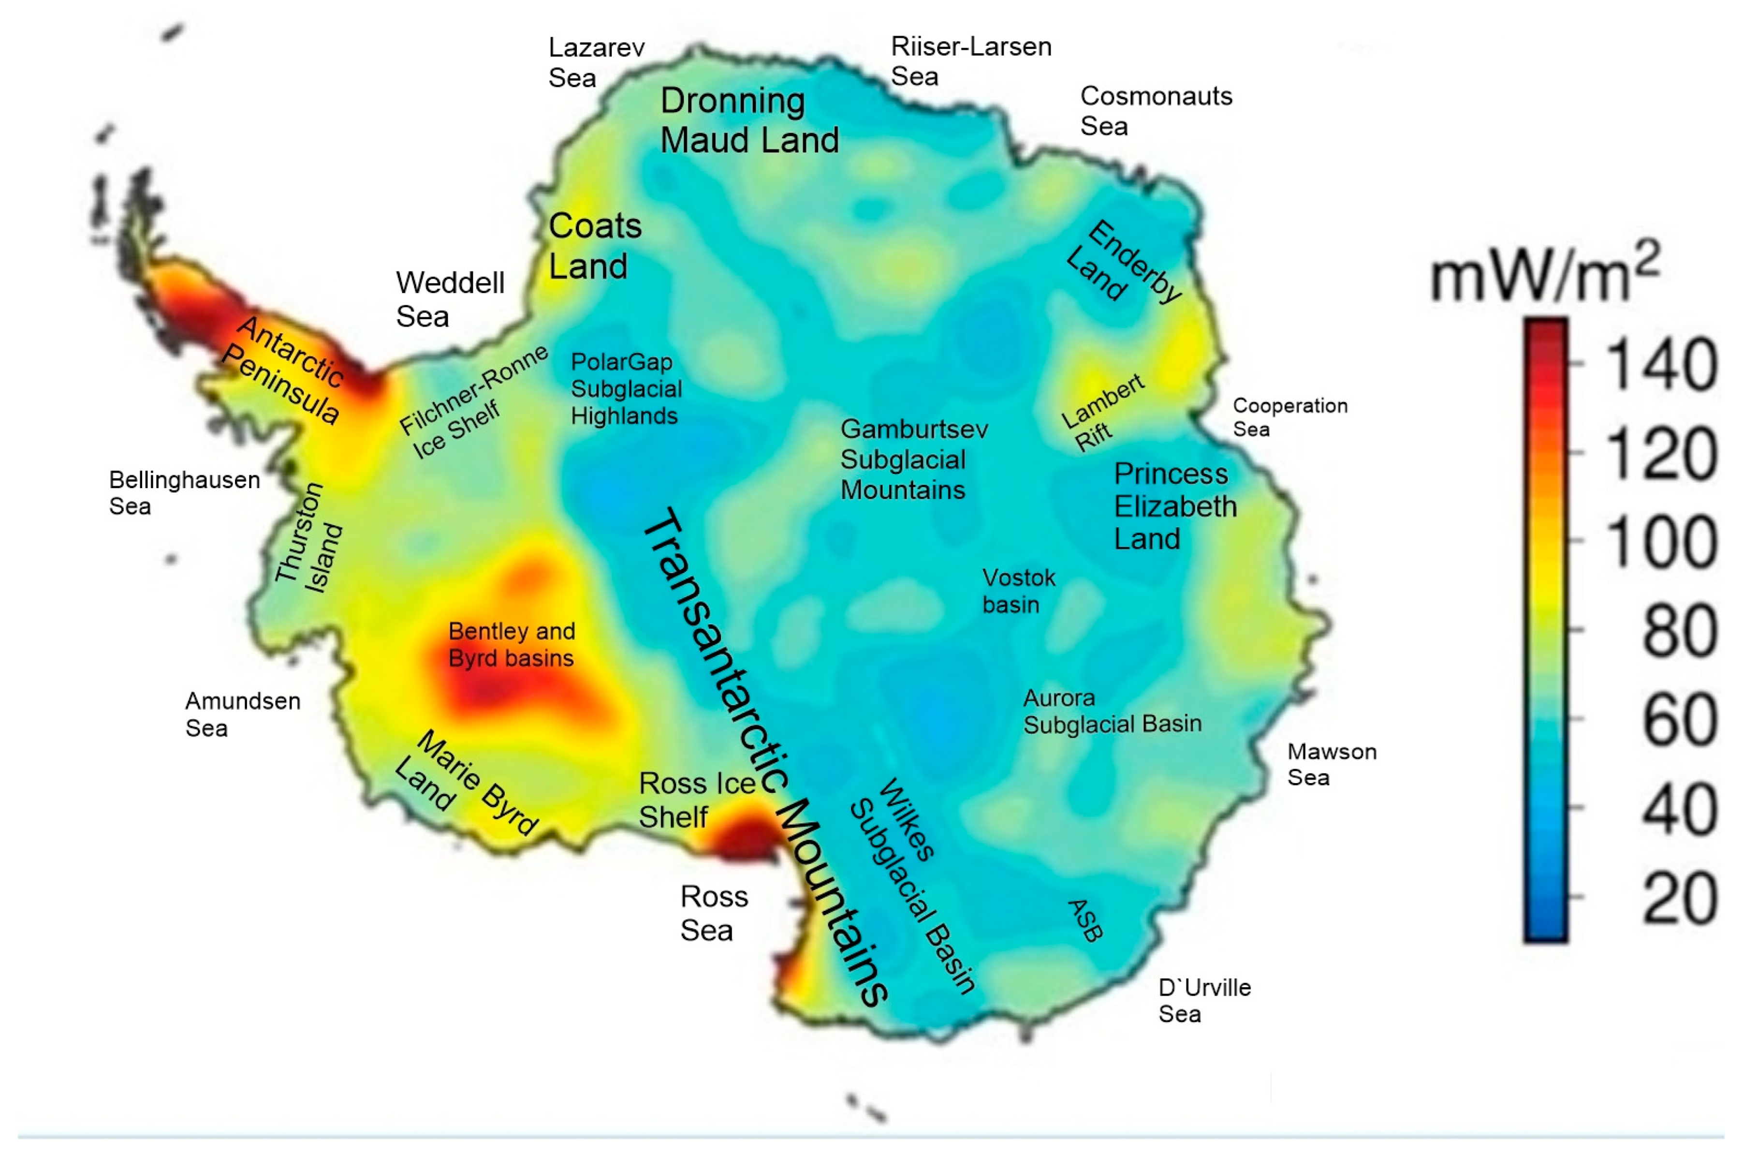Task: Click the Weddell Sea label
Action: [x=450, y=299]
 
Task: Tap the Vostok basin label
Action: [x=1019, y=591]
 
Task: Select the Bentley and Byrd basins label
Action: [x=512, y=644]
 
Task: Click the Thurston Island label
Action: [x=309, y=538]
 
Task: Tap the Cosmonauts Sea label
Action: [x=1155, y=111]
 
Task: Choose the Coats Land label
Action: [x=595, y=246]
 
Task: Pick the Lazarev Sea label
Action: [x=596, y=63]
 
